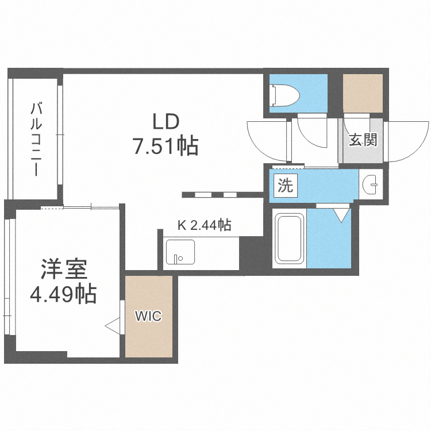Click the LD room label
click(x=166, y=122)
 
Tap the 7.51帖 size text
click(x=166, y=147)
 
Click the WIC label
click(x=148, y=315)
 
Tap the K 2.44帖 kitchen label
click(x=204, y=225)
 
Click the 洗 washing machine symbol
click(x=285, y=185)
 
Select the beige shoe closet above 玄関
click(x=363, y=93)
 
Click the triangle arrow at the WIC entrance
click(x=112, y=326)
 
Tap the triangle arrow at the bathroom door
click(x=340, y=215)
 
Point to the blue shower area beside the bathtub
click(x=329, y=238)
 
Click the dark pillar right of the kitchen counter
click(x=251, y=253)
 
